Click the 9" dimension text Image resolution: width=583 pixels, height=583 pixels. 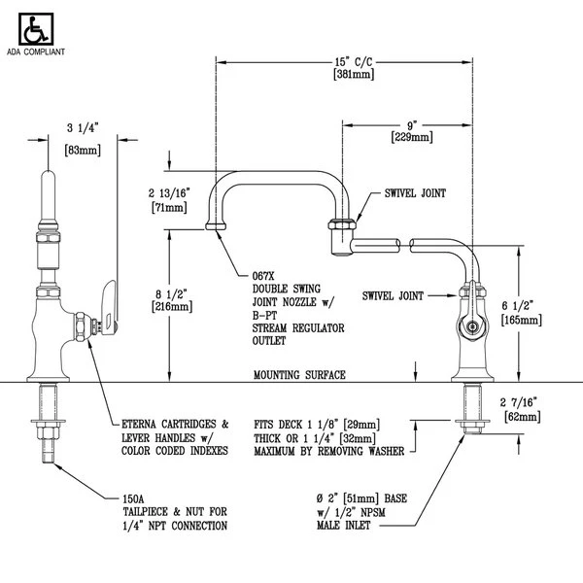click(412, 125)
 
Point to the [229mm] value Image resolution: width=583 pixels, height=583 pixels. click(412, 138)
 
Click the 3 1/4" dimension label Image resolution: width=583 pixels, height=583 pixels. click(83, 127)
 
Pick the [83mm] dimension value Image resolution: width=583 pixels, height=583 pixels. click(83, 151)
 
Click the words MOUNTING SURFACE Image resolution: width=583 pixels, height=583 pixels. click(299, 374)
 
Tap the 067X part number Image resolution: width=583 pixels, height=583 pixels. click(263, 276)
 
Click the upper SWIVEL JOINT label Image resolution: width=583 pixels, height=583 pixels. click(414, 193)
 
